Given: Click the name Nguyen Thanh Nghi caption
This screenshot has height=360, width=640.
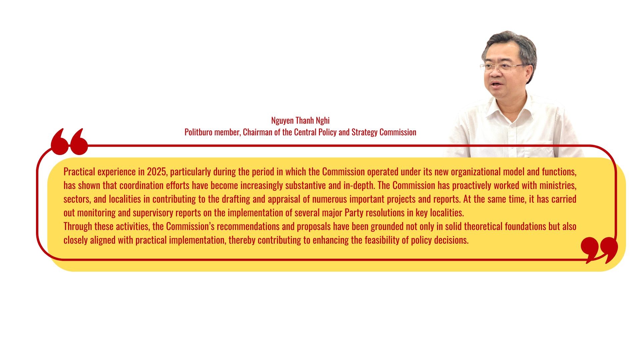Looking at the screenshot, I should coord(300,120).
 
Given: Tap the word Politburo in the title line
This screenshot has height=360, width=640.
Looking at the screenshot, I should coord(198,132).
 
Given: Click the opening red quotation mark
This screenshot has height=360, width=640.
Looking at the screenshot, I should coord(69,142).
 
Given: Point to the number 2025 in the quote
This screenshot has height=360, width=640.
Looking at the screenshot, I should coord(156,172).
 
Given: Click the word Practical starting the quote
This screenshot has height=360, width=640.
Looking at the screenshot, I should coord(79,172).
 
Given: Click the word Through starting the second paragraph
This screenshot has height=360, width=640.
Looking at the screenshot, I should coord(78,226).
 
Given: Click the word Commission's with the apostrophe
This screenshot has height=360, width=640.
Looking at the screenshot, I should coord(190,226).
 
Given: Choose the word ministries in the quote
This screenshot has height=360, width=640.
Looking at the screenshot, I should coord(558,185).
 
